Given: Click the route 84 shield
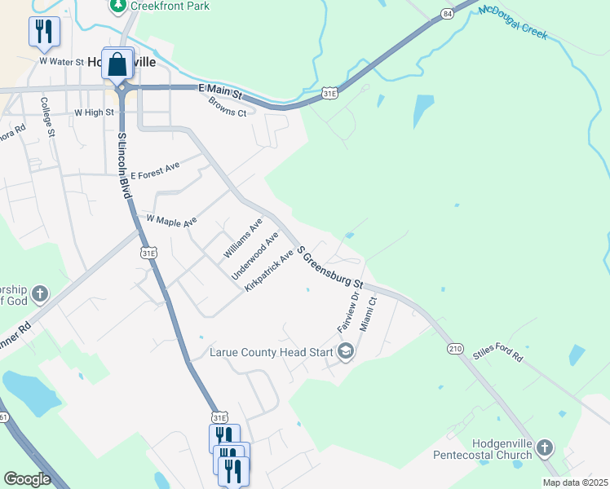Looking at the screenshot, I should (446, 14).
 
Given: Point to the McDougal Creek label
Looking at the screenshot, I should (514, 23).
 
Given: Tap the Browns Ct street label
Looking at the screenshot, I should (227, 107).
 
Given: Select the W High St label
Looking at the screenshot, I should (93, 112).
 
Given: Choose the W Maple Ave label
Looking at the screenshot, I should (171, 220).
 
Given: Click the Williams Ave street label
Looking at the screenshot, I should (242, 239).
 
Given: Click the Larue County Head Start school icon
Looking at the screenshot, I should (345, 351).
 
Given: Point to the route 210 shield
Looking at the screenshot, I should (455, 348).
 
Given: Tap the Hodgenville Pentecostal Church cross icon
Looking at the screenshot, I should (545, 447).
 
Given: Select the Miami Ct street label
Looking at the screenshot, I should (373, 313).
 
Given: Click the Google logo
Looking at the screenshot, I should (27, 478).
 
